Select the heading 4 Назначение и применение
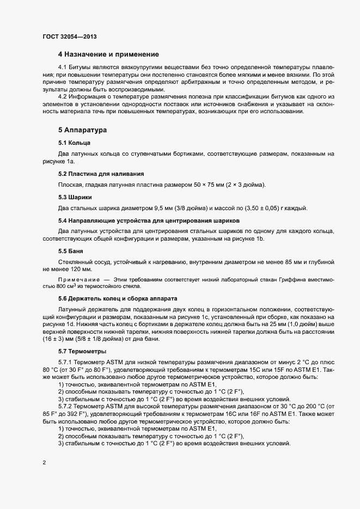click(x=108, y=54)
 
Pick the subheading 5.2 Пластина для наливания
click(x=101, y=174)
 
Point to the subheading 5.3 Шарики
click(x=75, y=197)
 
